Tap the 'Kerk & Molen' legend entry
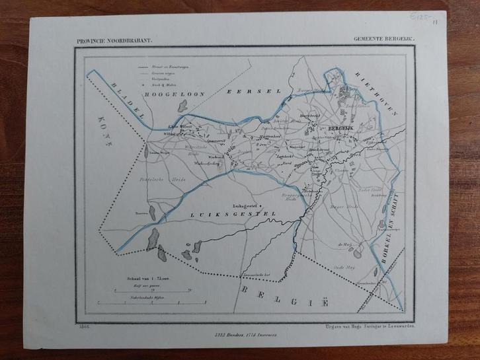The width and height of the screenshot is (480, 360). coord(164,86)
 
